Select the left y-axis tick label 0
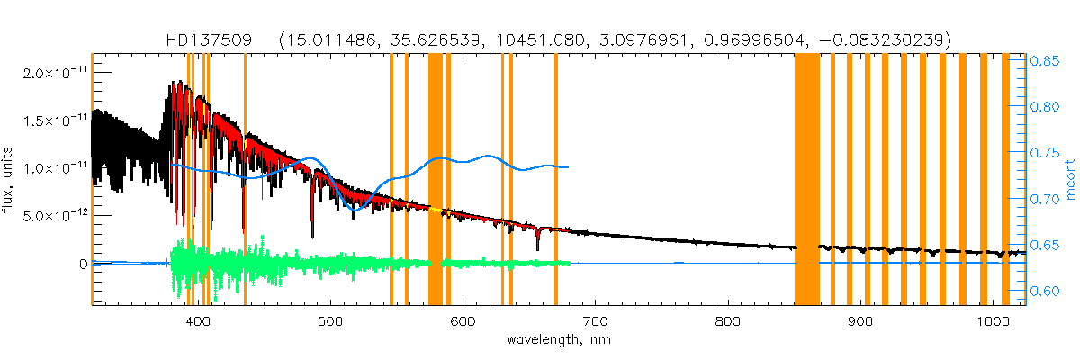tap(82, 264)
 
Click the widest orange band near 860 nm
tap(807, 180)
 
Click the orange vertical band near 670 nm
tap(556, 180)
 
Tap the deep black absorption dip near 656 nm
tap(537, 245)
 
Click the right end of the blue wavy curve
tap(568, 166)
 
